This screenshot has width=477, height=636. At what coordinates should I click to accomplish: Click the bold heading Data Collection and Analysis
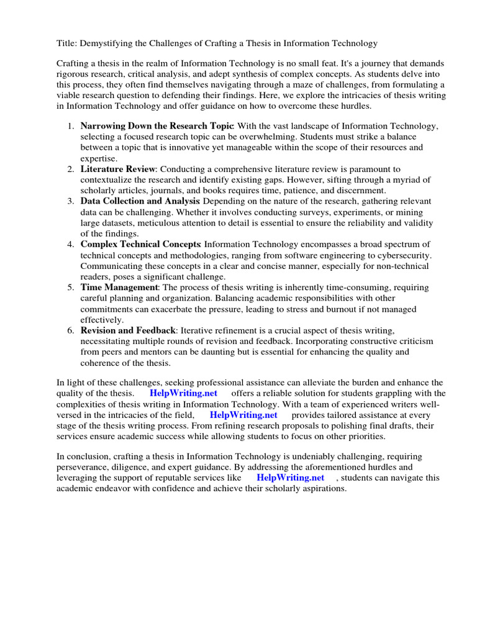pyautogui.click(x=140, y=201)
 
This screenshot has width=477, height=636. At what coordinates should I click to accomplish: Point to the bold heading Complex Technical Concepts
pyautogui.click(x=140, y=244)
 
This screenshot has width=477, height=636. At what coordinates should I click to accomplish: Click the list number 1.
pyautogui.click(x=71, y=126)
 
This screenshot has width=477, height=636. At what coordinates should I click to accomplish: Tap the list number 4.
pyautogui.click(x=71, y=244)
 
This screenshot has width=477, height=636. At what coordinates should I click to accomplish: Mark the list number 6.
pyautogui.click(x=71, y=330)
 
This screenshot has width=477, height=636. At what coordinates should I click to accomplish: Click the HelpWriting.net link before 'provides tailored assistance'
pyautogui.click(x=243, y=414)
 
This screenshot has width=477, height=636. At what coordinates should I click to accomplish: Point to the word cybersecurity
pyautogui.click(x=401, y=255)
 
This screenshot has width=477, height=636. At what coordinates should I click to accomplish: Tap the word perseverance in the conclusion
pyautogui.click(x=85, y=467)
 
